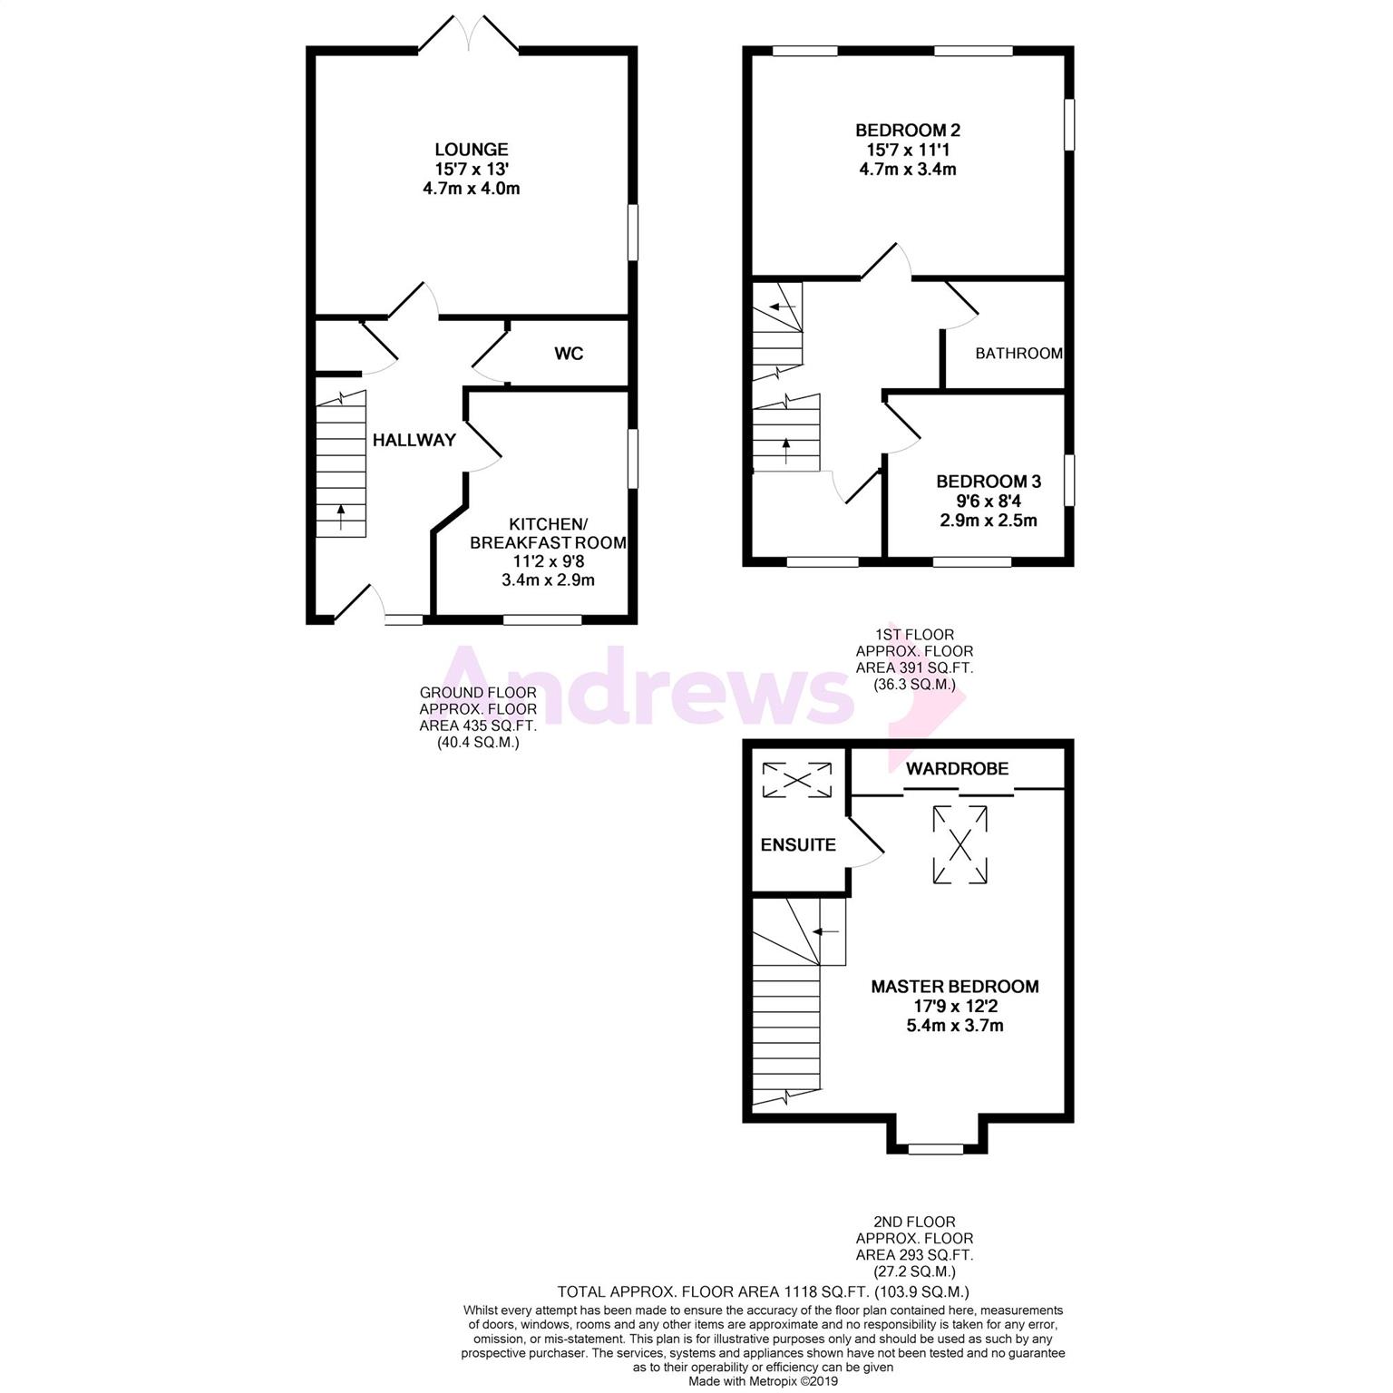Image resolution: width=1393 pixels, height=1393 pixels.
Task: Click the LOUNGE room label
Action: (471, 150)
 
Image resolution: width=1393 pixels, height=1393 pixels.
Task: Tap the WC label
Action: (569, 354)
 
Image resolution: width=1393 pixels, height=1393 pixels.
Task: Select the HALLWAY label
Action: (414, 440)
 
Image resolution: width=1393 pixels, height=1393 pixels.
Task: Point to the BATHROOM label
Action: (1018, 354)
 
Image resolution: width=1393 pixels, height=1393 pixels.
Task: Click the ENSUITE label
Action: (798, 845)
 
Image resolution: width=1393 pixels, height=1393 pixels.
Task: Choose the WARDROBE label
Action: (957, 769)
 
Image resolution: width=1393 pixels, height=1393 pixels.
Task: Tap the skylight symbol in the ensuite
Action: (796, 781)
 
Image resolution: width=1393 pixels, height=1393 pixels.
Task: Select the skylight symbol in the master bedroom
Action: (960, 845)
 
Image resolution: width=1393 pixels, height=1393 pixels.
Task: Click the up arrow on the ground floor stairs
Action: (341, 517)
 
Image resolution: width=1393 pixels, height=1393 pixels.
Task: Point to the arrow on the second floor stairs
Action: (825, 931)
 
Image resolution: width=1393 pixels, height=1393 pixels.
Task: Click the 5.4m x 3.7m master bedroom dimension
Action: (955, 1026)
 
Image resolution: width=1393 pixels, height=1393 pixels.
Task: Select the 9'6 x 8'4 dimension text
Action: (989, 501)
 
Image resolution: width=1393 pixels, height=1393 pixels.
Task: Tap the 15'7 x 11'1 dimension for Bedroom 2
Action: (908, 150)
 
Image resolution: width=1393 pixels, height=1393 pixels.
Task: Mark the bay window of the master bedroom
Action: (937, 1148)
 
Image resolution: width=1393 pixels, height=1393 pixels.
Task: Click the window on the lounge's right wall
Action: (633, 234)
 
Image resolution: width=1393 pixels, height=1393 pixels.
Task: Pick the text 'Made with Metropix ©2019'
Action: (764, 1381)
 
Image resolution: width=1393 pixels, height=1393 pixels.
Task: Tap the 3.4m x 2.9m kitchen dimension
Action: (548, 580)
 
